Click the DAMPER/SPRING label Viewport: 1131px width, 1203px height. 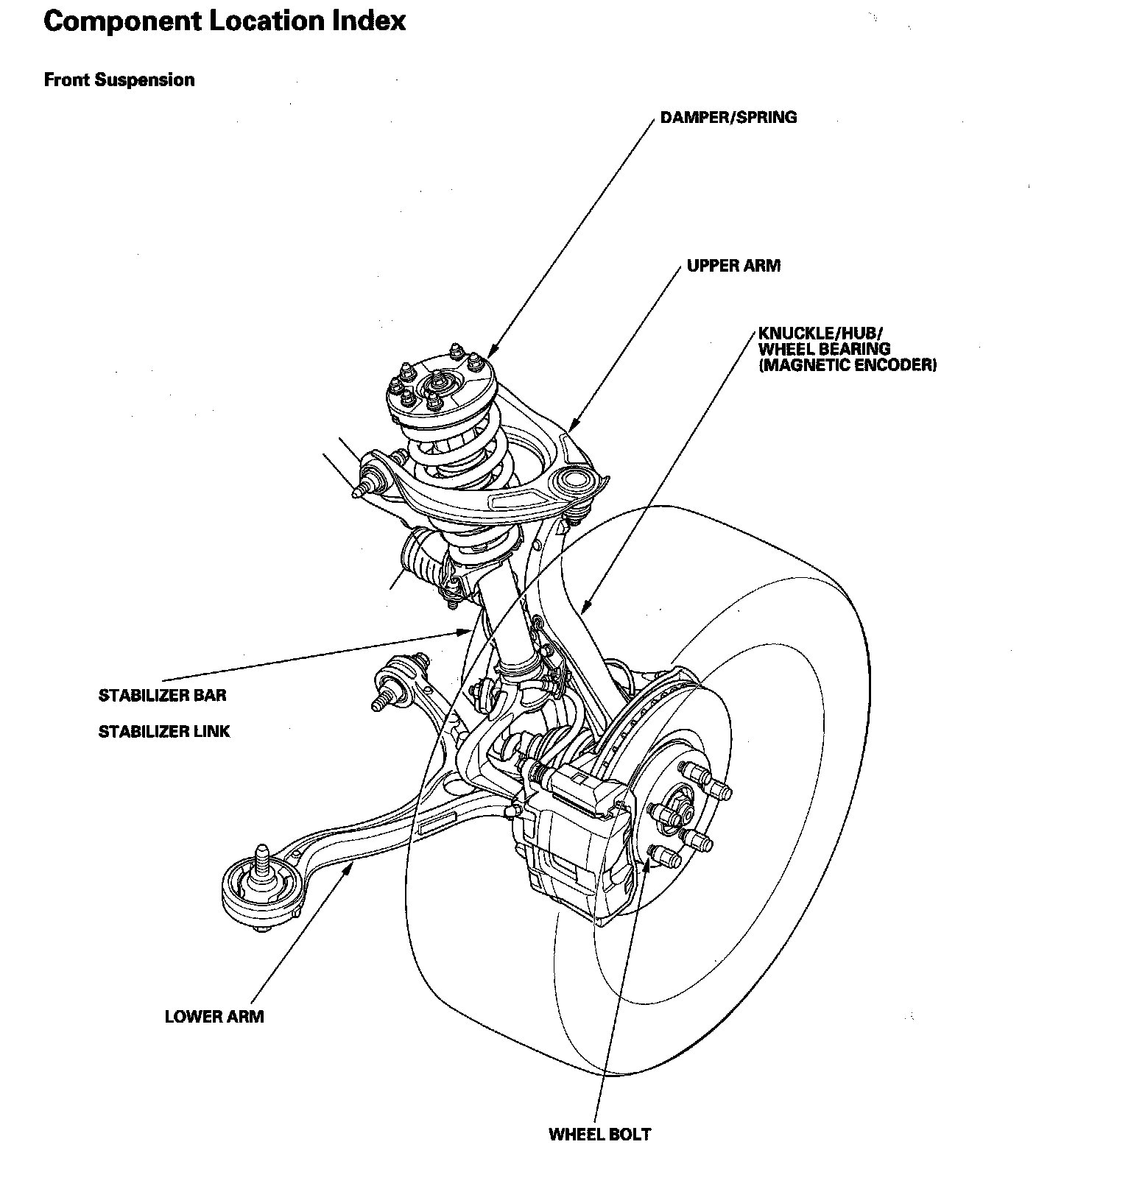[728, 117]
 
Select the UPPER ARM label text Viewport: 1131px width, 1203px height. [733, 266]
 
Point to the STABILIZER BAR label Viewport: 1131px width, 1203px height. [163, 695]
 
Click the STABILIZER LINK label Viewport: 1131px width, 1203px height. [164, 732]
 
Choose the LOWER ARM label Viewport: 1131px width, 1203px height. [214, 1017]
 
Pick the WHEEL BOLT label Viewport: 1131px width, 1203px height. [599, 1135]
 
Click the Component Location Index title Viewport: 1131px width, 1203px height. [225, 21]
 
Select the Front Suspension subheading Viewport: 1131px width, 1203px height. [119, 80]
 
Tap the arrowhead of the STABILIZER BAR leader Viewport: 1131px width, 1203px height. [467, 632]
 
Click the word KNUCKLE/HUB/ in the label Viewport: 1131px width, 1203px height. [815, 333]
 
